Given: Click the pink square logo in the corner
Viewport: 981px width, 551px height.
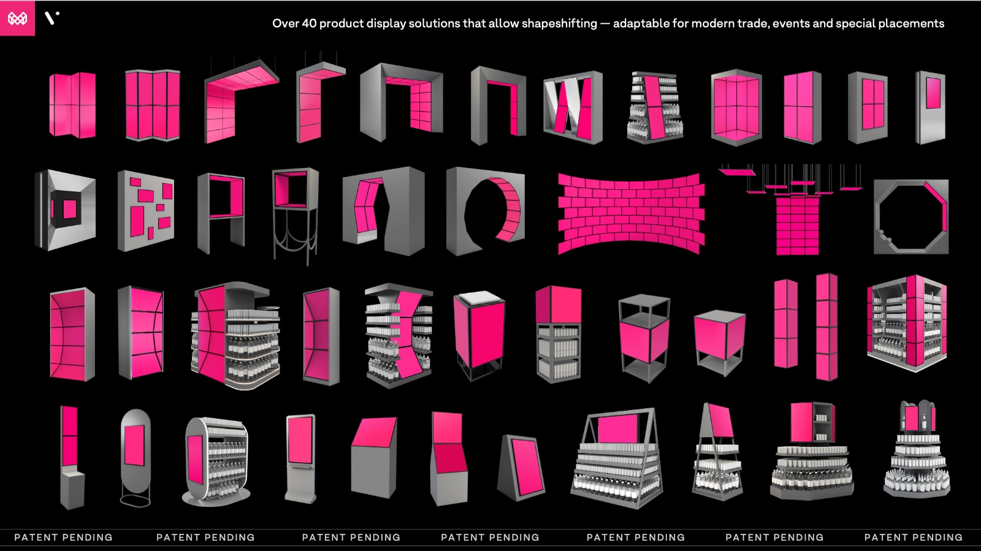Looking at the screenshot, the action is (17, 18).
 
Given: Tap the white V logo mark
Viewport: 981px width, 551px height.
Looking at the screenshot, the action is (52, 18).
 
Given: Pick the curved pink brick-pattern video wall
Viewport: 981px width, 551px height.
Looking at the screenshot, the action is (631, 213).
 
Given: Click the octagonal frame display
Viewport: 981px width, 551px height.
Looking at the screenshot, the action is (911, 216).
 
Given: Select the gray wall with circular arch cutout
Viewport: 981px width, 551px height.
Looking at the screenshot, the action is (485, 211).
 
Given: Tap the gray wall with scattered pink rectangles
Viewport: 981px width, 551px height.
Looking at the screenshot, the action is (146, 211).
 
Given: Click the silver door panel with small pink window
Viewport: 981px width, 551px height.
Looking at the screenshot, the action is (931, 107).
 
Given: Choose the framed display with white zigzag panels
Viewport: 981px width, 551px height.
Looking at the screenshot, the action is (573, 107).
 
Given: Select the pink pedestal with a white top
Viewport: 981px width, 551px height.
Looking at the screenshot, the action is (479, 335).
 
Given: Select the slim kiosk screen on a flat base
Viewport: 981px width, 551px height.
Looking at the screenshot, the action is (300, 457).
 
